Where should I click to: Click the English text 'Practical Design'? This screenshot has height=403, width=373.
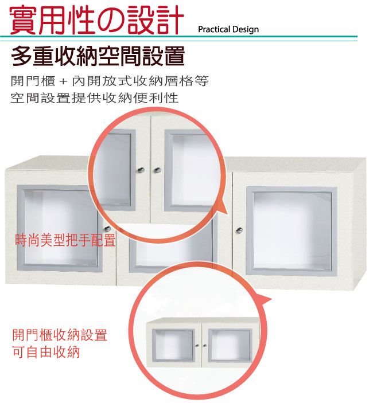pyautogui.click(x=228, y=29)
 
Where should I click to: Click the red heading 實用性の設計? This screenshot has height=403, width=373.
pyautogui.click(x=97, y=20)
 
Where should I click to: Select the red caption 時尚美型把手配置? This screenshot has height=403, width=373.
pyautogui.click(x=65, y=240)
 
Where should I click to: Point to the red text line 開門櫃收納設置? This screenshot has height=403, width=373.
pyautogui.click(x=60, y=335)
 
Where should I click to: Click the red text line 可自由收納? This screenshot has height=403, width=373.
pyautogui.click(x=46, y=352)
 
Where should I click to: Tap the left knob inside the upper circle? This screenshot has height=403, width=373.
pyautogui.click(x=141, y=170)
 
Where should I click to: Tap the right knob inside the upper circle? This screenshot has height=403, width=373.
pyautogui.click(x=157, y=170)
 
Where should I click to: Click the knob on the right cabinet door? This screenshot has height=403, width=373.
pyautogui.click(x=239, y=230)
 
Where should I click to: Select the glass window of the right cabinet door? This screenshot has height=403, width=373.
pyautogui.click(x=292, y=232)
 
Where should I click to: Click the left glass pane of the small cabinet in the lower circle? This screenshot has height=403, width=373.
pyautogui.click(x=173, y=345)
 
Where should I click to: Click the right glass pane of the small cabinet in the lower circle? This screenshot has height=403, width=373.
pyautogui.click(x=230, y=345)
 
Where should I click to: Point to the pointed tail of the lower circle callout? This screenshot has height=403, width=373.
pyautogui.click(x=271, y=299)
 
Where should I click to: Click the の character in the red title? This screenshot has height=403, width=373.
pyautogui.click(x=111, y=20)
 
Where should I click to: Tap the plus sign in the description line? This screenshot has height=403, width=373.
pyautogui.click(x=63, y=82)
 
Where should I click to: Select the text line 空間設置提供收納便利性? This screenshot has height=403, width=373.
pyautogui.click(x=95, y=98)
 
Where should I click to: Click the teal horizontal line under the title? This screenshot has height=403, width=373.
pyautogui.click(x=179, y=37)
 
